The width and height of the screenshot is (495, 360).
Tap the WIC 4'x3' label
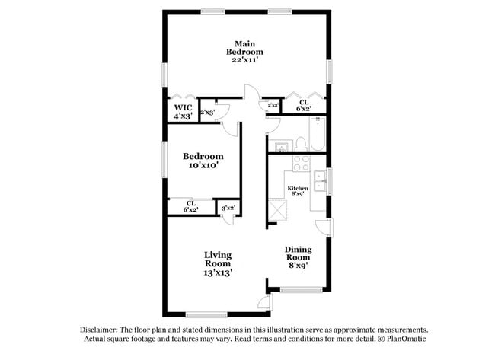[183, 112]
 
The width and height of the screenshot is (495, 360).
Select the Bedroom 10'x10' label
[204, 160]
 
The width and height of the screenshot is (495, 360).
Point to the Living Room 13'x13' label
[218, 263]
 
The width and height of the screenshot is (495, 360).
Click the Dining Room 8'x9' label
[298, 257]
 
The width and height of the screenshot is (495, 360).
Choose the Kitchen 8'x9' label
[297, 190]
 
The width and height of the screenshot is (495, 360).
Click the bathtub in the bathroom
[318, 133]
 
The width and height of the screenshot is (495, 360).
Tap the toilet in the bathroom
[300, 143]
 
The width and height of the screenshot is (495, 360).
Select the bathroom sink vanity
[282, 145]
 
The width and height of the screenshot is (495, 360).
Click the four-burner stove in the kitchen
[301, 164]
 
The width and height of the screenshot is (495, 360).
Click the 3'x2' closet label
[228, 207]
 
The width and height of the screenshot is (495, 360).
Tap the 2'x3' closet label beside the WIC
[207, 113]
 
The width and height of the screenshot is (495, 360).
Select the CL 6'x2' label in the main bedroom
[303, 107]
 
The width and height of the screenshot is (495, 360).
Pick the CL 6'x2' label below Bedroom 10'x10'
[191, 206]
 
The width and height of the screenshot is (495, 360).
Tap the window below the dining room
[301, 290]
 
